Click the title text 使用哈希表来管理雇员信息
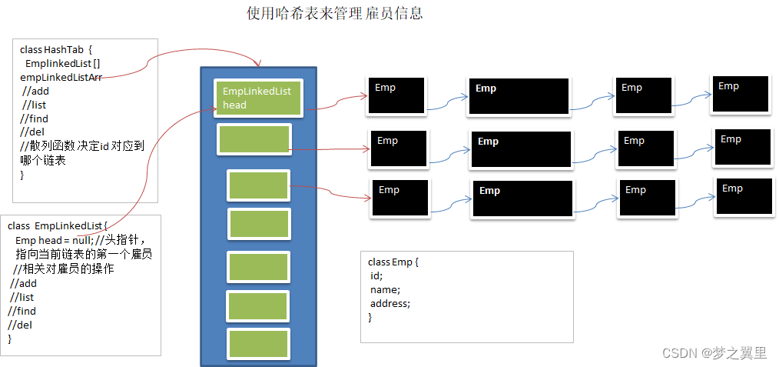[x=334, y=14]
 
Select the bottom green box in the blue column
[x=259, y=343]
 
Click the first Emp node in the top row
[x=396, y=96]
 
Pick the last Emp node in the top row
[x=739, y=95]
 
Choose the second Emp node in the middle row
[x=521, y=149]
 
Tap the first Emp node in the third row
[x=399, y=199]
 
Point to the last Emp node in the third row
[x=743, y=196]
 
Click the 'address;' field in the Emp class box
[x=390, y=303]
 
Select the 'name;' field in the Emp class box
[x=385, y=290]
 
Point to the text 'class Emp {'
[x=393, y=262]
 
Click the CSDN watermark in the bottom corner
[x=714, y=353]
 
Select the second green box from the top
[x=254, y=139]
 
